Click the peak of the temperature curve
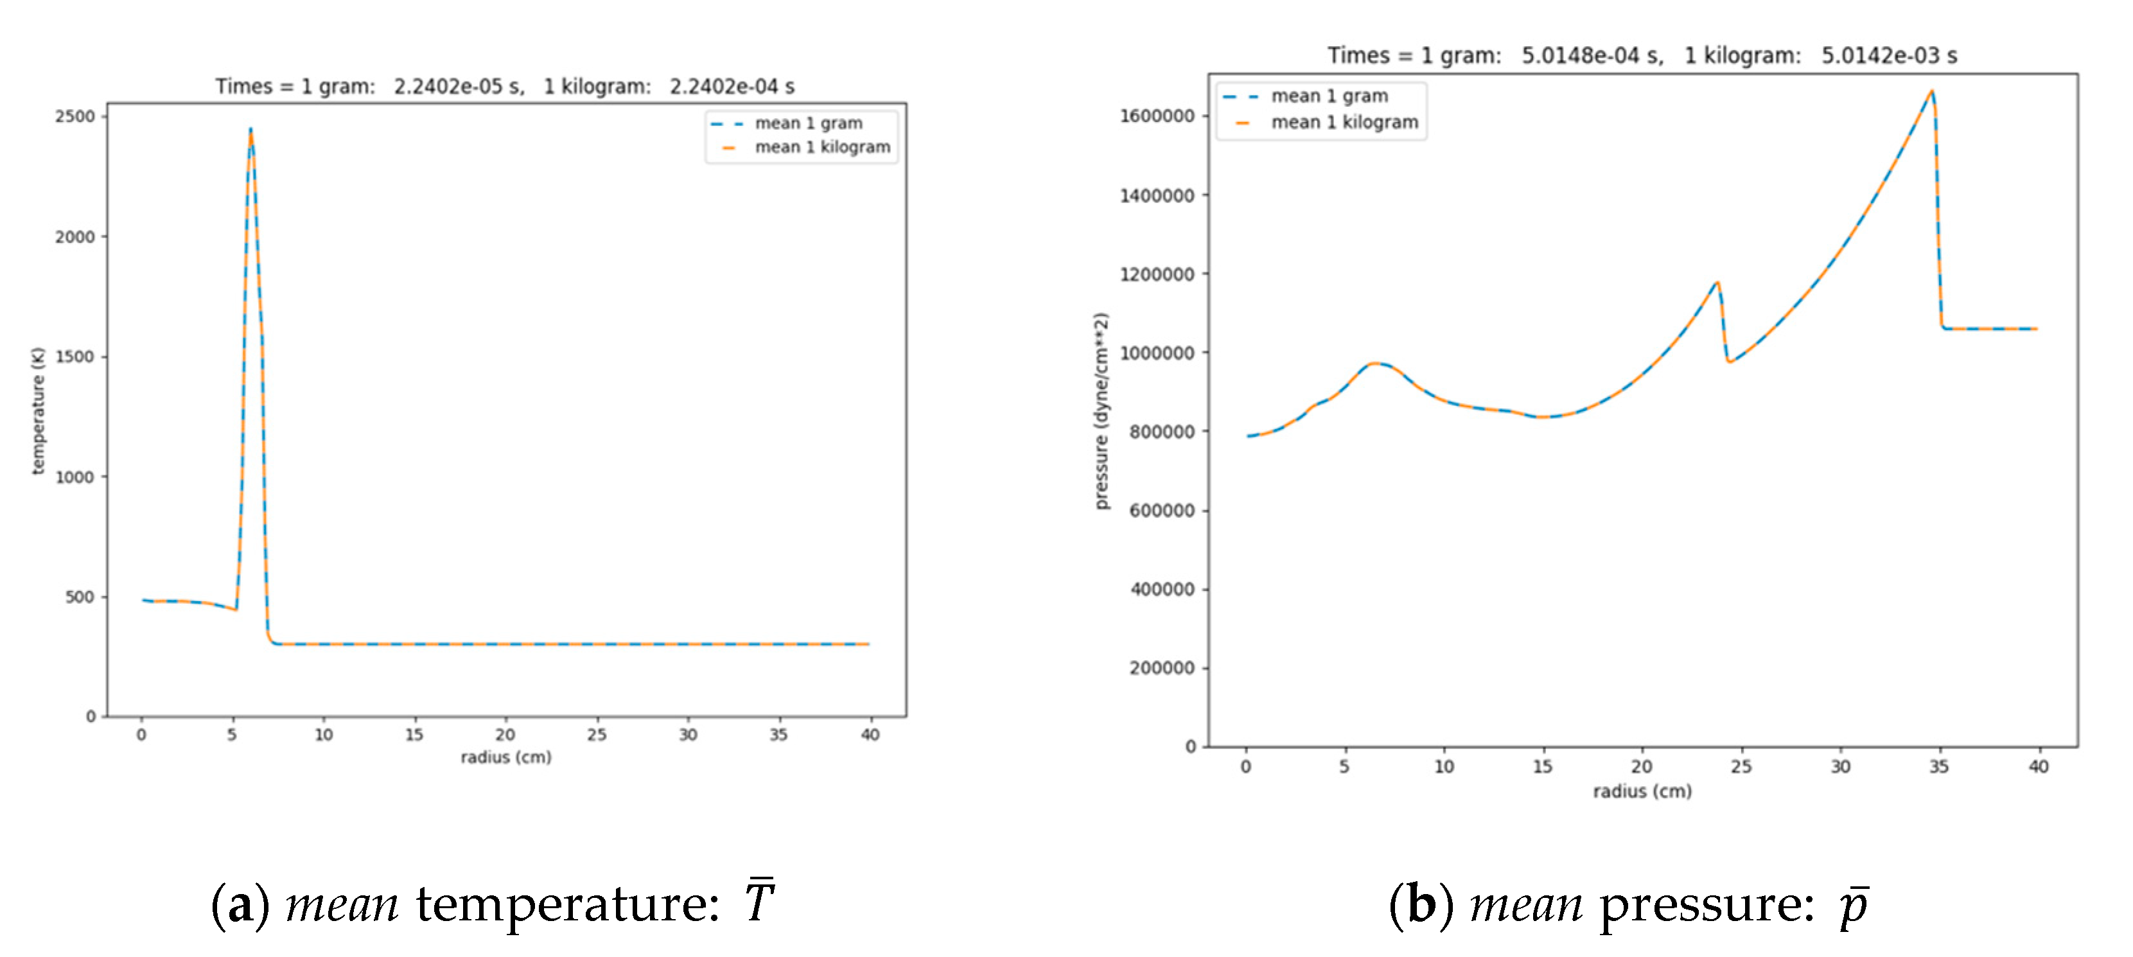pos(250,129)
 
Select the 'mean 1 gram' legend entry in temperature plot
pos(808,123)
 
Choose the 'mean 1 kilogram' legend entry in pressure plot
pos(1344,123)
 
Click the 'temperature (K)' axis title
pos(37,410)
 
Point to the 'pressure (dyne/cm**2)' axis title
pos(1100,410)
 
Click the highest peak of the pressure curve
pos(1932,91)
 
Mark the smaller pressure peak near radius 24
pos(1717,283)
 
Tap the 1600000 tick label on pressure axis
pos(1157,116)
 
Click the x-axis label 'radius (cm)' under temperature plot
pos(506,757)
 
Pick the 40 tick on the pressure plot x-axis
pos(2038,767)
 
